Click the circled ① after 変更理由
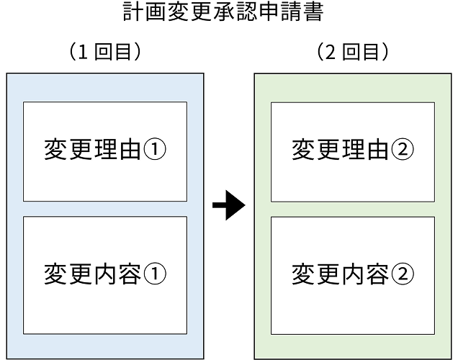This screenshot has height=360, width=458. click(156, 150)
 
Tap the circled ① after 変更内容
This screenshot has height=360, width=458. click(156, 274)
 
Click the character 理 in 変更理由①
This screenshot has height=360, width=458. click(105, 150)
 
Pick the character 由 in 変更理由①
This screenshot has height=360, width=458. click(130, 150)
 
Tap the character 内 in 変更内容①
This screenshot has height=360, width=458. click(105, 274)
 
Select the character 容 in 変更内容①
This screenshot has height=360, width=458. click(130, 274)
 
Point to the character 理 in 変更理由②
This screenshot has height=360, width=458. click(353, 150)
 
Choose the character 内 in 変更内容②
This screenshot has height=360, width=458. click(353, 274)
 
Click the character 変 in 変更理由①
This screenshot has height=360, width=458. click(56, 150)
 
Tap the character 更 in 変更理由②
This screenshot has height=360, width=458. click(328, 150)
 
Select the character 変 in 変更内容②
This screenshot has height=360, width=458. click(304, 274)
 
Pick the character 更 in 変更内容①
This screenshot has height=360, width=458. click(81, 274)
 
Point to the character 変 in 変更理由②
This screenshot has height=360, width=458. click(304, 150)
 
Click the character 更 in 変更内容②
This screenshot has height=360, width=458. click(328, 274)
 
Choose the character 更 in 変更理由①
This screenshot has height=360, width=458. click(81, 150)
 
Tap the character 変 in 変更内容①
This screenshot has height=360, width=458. click(56, 274)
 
